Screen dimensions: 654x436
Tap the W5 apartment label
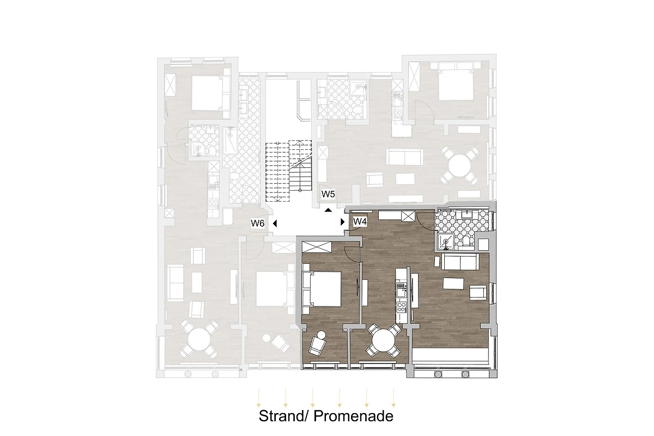(x=328, y=194)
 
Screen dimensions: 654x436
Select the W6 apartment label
(x=257, y=223)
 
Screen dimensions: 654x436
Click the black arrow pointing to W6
(x=275, y=223)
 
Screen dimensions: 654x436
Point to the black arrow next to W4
(x=343, y=222)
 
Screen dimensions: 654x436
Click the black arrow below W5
(x=329, y=210)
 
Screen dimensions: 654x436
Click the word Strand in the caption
(x=281, y=416)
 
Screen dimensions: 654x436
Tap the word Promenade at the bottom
(x=354, y=416)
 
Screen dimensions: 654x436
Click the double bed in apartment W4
(x=322, y=289)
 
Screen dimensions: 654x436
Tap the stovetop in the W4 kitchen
(x=402, y=307)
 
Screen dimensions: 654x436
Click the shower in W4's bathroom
(x=446, y=242)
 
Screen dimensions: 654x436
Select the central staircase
(x=288, y=171)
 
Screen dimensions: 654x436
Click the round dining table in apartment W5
(x=459, y=166)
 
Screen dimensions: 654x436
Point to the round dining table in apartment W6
(x=199, y=340)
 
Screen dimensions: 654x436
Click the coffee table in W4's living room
(x=453, y=283)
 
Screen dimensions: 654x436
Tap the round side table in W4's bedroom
(x=322, y=335)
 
